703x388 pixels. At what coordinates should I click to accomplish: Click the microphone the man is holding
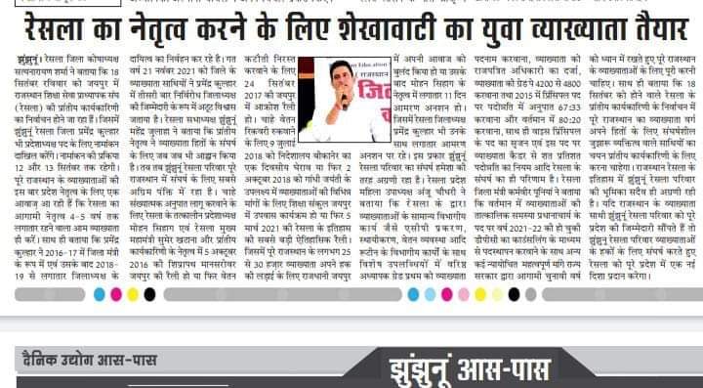[344, 101]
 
